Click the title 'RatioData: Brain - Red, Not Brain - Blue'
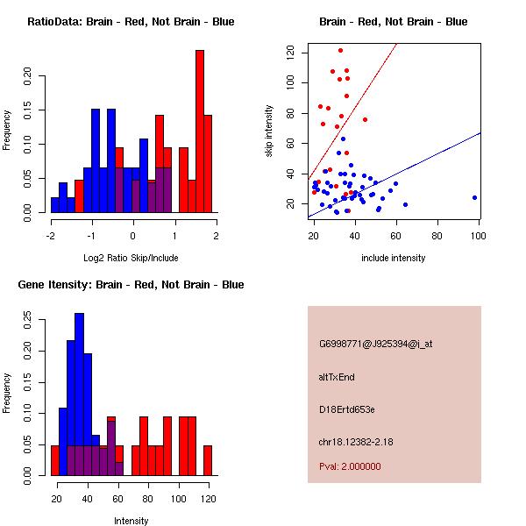point(131,22)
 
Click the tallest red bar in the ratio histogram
point(199,131)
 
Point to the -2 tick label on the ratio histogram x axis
point(51,235)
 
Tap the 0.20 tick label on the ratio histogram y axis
point(27,76)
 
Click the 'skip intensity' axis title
point(270,131)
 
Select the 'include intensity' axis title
point(394,258)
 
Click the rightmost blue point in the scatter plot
point(474,197)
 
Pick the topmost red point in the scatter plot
point(340,50)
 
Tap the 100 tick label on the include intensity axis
point(479,235)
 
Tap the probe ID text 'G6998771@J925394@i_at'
point(375,344)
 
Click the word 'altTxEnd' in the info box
point(337,377)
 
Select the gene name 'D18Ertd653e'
point(347,409)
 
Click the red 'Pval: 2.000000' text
point(350,466)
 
